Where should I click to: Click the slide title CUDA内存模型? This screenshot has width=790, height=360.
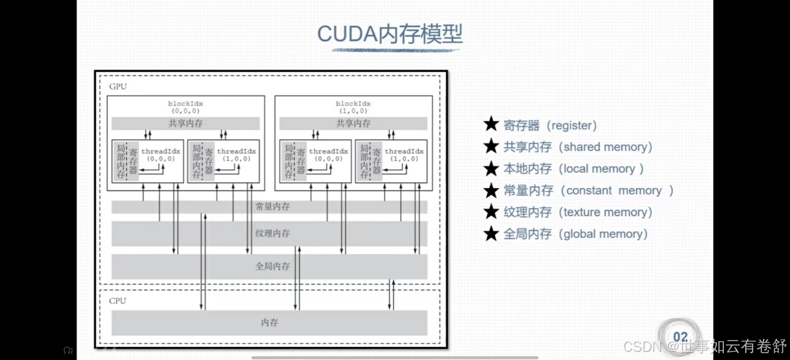[390, 34]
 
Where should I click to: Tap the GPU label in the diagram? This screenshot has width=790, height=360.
[118, 87]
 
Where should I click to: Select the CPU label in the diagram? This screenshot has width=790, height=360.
[118, 301]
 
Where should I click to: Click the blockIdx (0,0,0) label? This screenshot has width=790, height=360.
[186, 107]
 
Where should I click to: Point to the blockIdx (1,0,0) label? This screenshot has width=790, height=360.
[353, 107]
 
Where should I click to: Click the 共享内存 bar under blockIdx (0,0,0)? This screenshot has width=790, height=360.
[186, 123]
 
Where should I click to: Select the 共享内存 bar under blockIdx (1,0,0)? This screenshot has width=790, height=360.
[353, 123]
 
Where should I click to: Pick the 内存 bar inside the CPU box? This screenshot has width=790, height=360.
[269, 323]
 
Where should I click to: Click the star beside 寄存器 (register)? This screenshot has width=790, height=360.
[491, 125]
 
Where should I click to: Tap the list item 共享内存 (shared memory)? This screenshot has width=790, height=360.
[577, 147]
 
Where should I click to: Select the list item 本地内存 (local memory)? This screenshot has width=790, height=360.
[573, 169]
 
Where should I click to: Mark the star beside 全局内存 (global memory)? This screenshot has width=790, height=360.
[491, 234]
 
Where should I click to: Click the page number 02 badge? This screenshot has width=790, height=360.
[680, 337]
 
